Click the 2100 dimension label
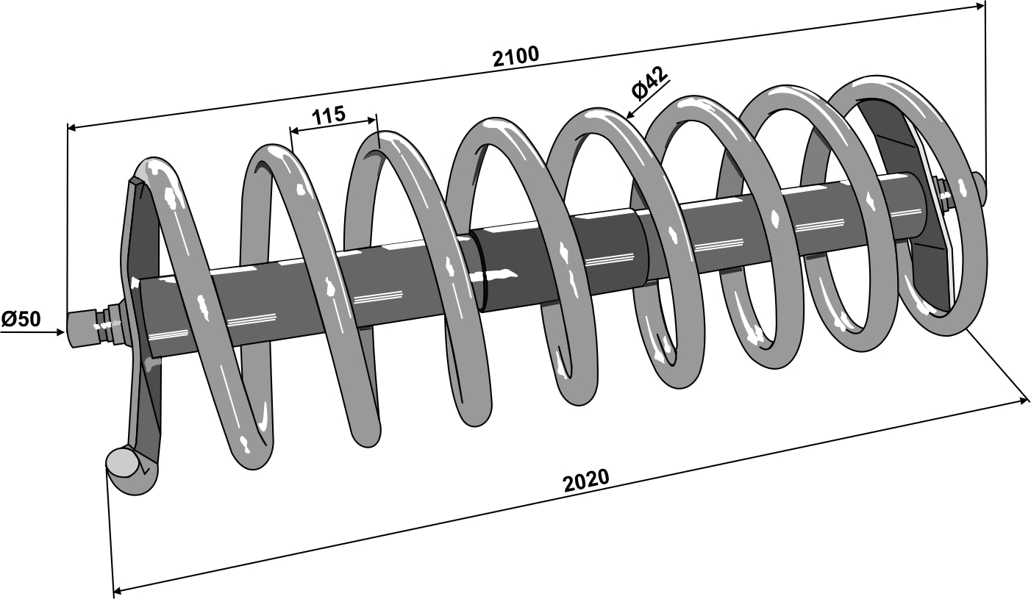(515, 56)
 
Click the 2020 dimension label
(586, 480)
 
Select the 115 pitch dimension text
(328, 115)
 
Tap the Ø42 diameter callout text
(649, 82)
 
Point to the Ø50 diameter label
(21, 319)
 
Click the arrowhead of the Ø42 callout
(629, 115)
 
